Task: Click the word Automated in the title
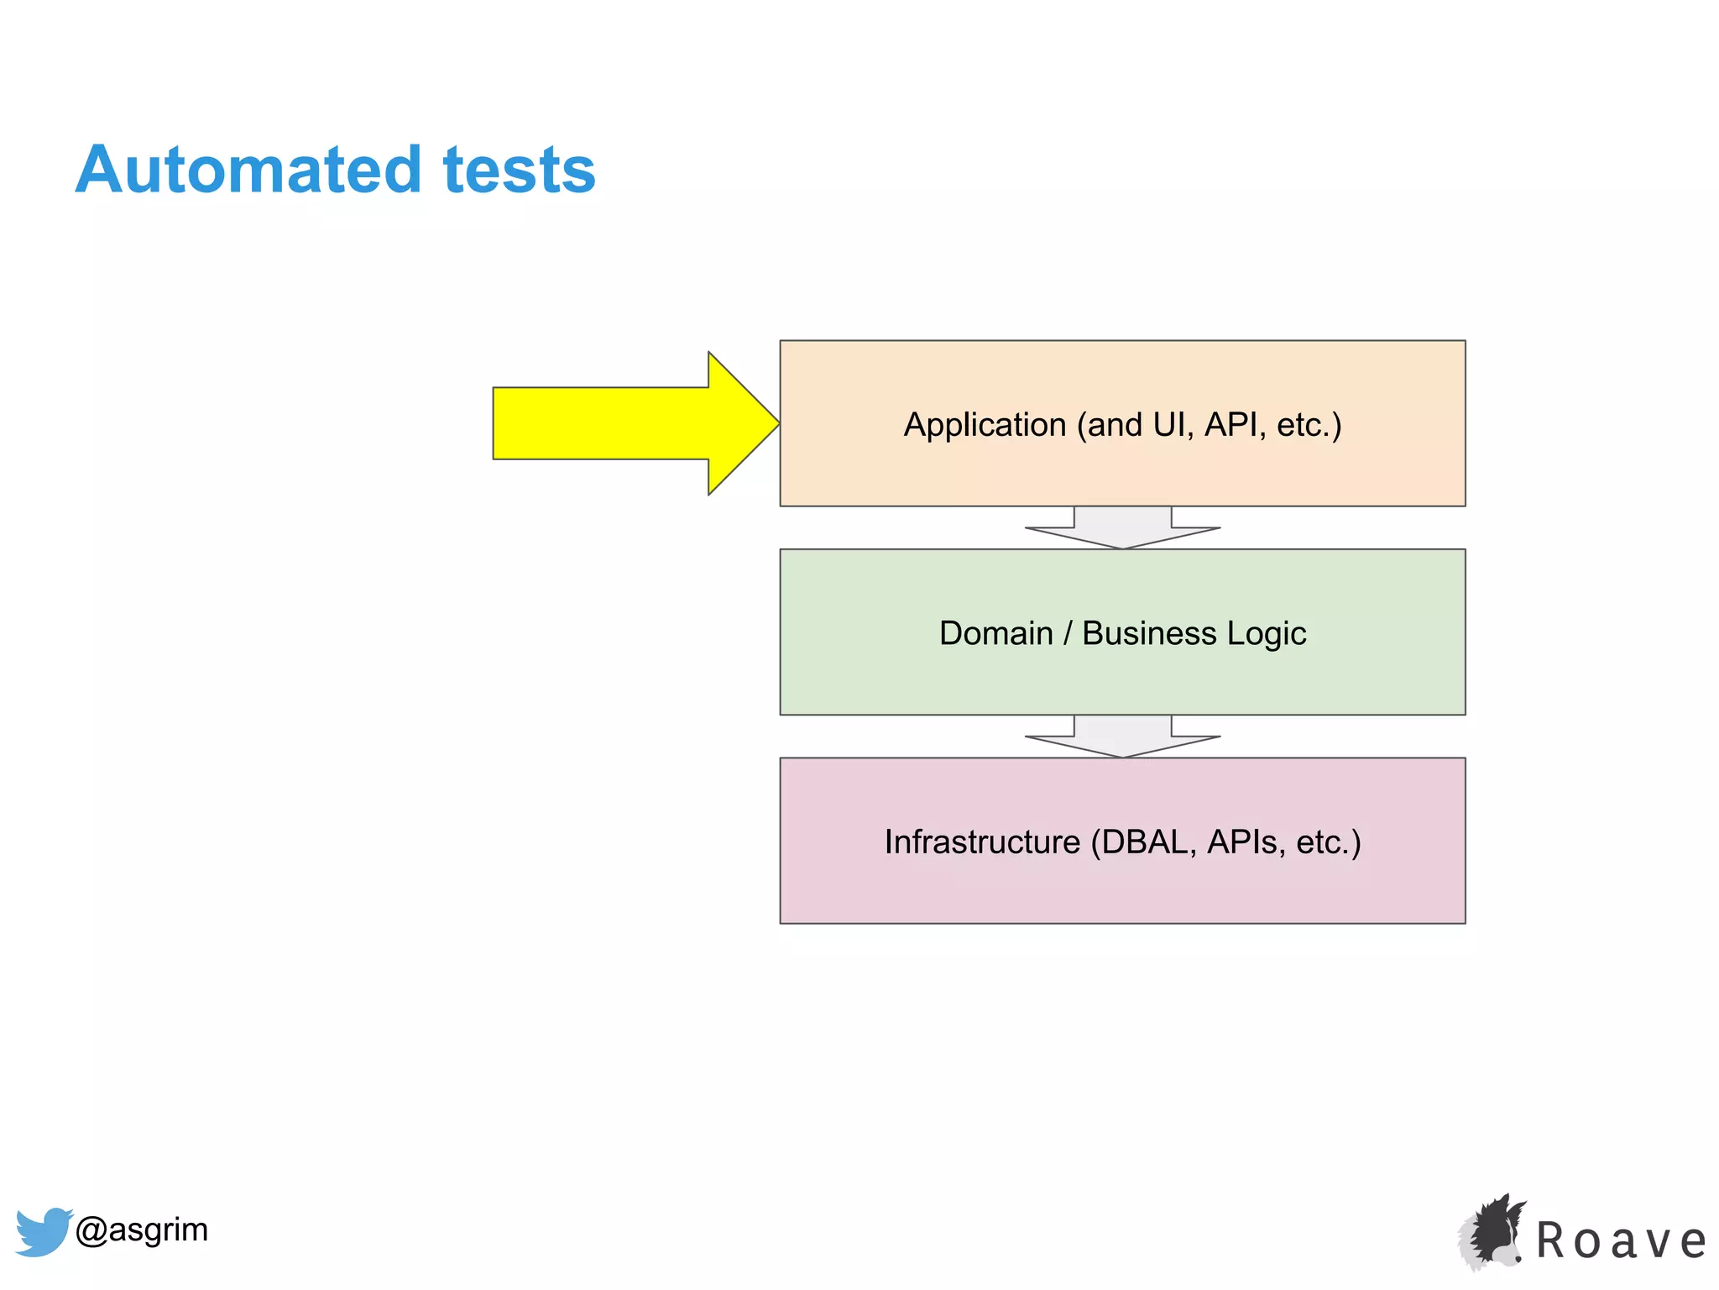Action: tap(248, 170)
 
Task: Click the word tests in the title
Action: tap(519, 170)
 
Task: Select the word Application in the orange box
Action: tap(984, 425)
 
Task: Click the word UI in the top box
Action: tap(1170, 425)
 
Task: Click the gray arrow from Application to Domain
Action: tap(1122, 527)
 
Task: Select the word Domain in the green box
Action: tap(995, 633)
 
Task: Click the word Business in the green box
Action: tap(1148, 633)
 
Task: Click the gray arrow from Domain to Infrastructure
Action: tap(1122, 737)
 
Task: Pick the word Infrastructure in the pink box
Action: tap(982, 842)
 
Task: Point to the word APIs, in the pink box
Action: tap(1246, 842)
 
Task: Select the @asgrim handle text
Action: tap(141, 1230)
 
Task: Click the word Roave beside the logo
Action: tap(1620, 1241)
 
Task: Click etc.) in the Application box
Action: tap(1309, 425)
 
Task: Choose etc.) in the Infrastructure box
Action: tap(1328, 842)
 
